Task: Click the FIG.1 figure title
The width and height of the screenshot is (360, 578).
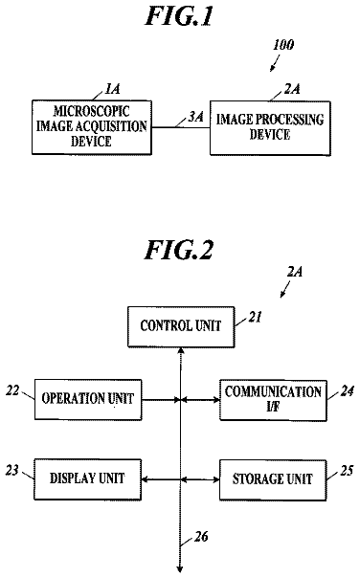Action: click(x=179, y=16)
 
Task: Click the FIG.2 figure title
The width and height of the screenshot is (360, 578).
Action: click(x=179, y=250)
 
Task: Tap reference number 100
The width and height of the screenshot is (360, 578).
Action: click(x=283, y=45)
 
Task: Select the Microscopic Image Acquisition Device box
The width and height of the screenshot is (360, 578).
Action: click(x=92, y=127)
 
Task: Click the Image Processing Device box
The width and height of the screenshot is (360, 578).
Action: click(x=270, y=127)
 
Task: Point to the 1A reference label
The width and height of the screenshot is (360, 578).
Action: click(x=113, y=89)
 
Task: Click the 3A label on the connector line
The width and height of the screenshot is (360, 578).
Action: click(x=196, y=117)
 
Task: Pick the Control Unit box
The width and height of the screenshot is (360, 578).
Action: click(x=181, y=326)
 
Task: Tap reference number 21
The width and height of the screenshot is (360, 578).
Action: click(x=255, y=317)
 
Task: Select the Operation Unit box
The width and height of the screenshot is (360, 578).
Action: click(x=88, y=399)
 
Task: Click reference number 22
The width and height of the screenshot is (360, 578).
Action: click(x=12, y=390)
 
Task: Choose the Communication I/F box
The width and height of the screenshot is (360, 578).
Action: click(x=273, y=400)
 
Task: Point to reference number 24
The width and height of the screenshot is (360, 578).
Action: click(x=348, y=391)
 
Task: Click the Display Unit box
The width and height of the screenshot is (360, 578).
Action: click(x=87, y=479)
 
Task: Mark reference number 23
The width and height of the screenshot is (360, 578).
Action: click(x=11, y=471)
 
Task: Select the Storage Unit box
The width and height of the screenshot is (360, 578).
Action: click(x=273, y=480)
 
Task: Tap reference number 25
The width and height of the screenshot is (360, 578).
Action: click(x=347, y=471)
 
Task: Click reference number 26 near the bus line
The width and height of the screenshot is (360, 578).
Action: click(x=201, y=537)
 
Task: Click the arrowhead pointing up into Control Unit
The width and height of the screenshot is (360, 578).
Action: click(x=180, y=350)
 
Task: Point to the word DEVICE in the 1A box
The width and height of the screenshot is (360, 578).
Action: click(x=92, y=142)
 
